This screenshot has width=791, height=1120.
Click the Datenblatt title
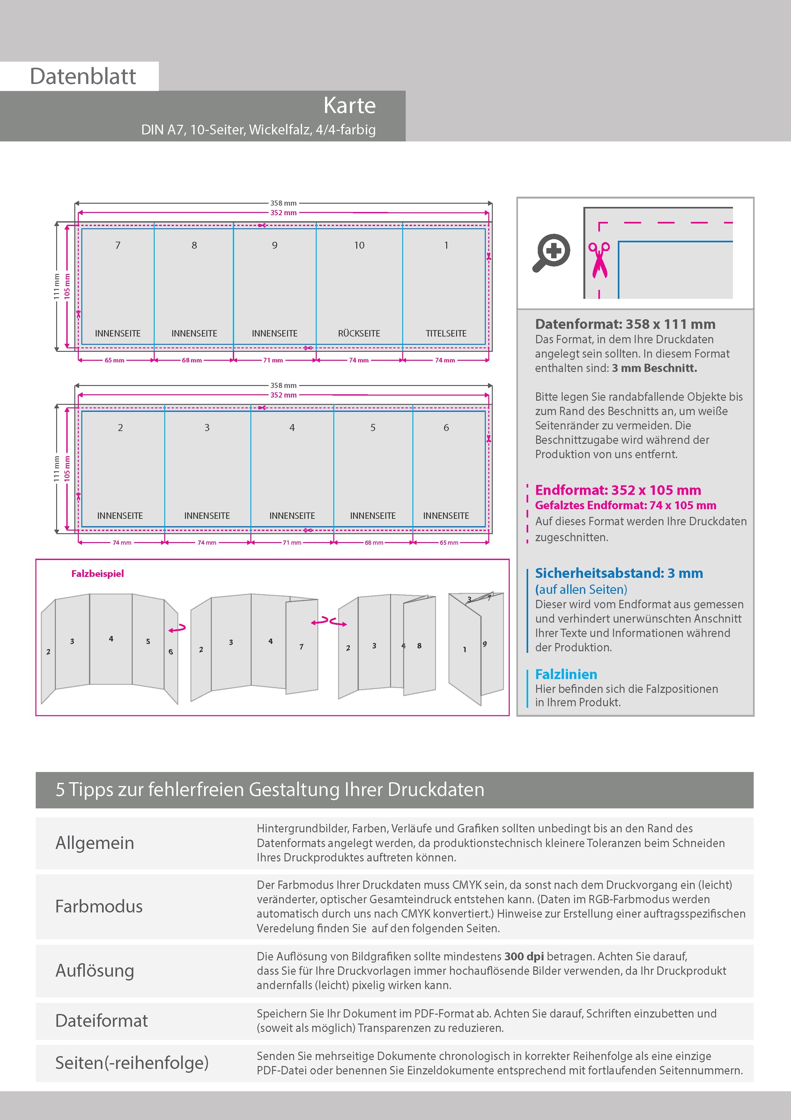pyautogui.click(x=83, y=76)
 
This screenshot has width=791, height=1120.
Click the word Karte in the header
pyautogui.click(x=350, y=105)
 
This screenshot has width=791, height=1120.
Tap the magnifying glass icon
pyautogui.click(x=551, y=252)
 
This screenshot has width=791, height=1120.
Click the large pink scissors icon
pyautogui.click(x=599, y=260)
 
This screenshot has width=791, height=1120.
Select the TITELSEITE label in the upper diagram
pyautogui.click(x=446, y=334)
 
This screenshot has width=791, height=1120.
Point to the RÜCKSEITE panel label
pyautogui.click(x=359, y=334)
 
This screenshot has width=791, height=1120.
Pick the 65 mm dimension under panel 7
pyautogui.click(x=115, y=360)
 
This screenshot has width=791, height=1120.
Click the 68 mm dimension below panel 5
pyautogui.click(x=374, y=542)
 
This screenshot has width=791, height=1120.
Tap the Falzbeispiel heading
pyautogui.click(x=98, y=574)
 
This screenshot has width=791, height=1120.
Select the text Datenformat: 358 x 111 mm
pyautogui.click(x=625, y=324)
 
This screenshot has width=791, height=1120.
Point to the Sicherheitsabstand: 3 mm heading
pyautogui.click(x=618, y=573)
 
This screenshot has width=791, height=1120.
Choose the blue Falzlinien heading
pyautogui.click(x=566, y=674)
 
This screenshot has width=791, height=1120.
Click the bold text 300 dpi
pyautogui.click(x=524, y=956)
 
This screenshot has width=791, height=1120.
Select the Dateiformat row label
pyautogui.click(x=101, y=1020)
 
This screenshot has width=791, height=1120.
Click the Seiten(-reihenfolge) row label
pyautogui.click(x=132, y=1063)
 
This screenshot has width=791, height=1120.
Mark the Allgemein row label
pyautogui.click(x=94, y=843)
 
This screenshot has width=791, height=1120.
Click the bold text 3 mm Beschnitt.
pyautogui.click(x=654, y=368)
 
